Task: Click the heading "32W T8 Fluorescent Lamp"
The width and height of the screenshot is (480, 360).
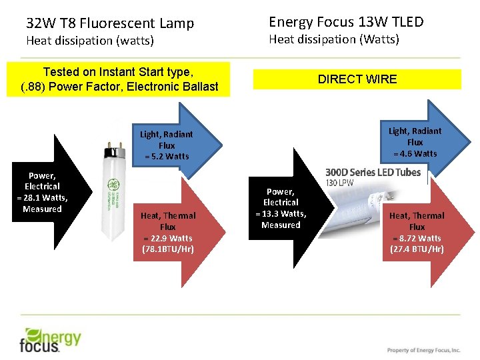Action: point(110,23)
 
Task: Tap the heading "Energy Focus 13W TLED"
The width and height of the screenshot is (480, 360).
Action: point(346,22)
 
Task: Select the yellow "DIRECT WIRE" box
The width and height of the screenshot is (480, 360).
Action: point(357,79)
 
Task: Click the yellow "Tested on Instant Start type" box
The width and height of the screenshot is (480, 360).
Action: point(119,79)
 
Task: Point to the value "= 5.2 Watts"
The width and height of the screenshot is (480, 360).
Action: point(167,157)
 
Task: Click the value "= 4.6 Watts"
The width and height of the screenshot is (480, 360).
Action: point(415,153)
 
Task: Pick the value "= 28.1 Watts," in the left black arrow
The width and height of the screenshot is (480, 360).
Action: point(42,198)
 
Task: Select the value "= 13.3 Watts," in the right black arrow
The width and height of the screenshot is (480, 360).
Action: point(281,213)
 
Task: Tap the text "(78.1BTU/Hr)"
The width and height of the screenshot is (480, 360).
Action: point(167,249)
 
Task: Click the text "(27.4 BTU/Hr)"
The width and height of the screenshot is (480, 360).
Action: point(417,249)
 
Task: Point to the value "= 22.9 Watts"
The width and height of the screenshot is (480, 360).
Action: point(167,238)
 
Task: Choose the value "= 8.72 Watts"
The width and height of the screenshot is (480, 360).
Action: point(417,238)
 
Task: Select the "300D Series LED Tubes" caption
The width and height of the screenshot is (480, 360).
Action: point(373,172)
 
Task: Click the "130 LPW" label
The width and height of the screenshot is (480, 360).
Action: point(339,183)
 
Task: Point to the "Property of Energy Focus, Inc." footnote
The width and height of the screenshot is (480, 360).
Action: point(423,350)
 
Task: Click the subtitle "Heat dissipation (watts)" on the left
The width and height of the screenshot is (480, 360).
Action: point(90,41)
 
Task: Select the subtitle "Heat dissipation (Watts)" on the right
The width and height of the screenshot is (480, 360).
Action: point(334,40)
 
